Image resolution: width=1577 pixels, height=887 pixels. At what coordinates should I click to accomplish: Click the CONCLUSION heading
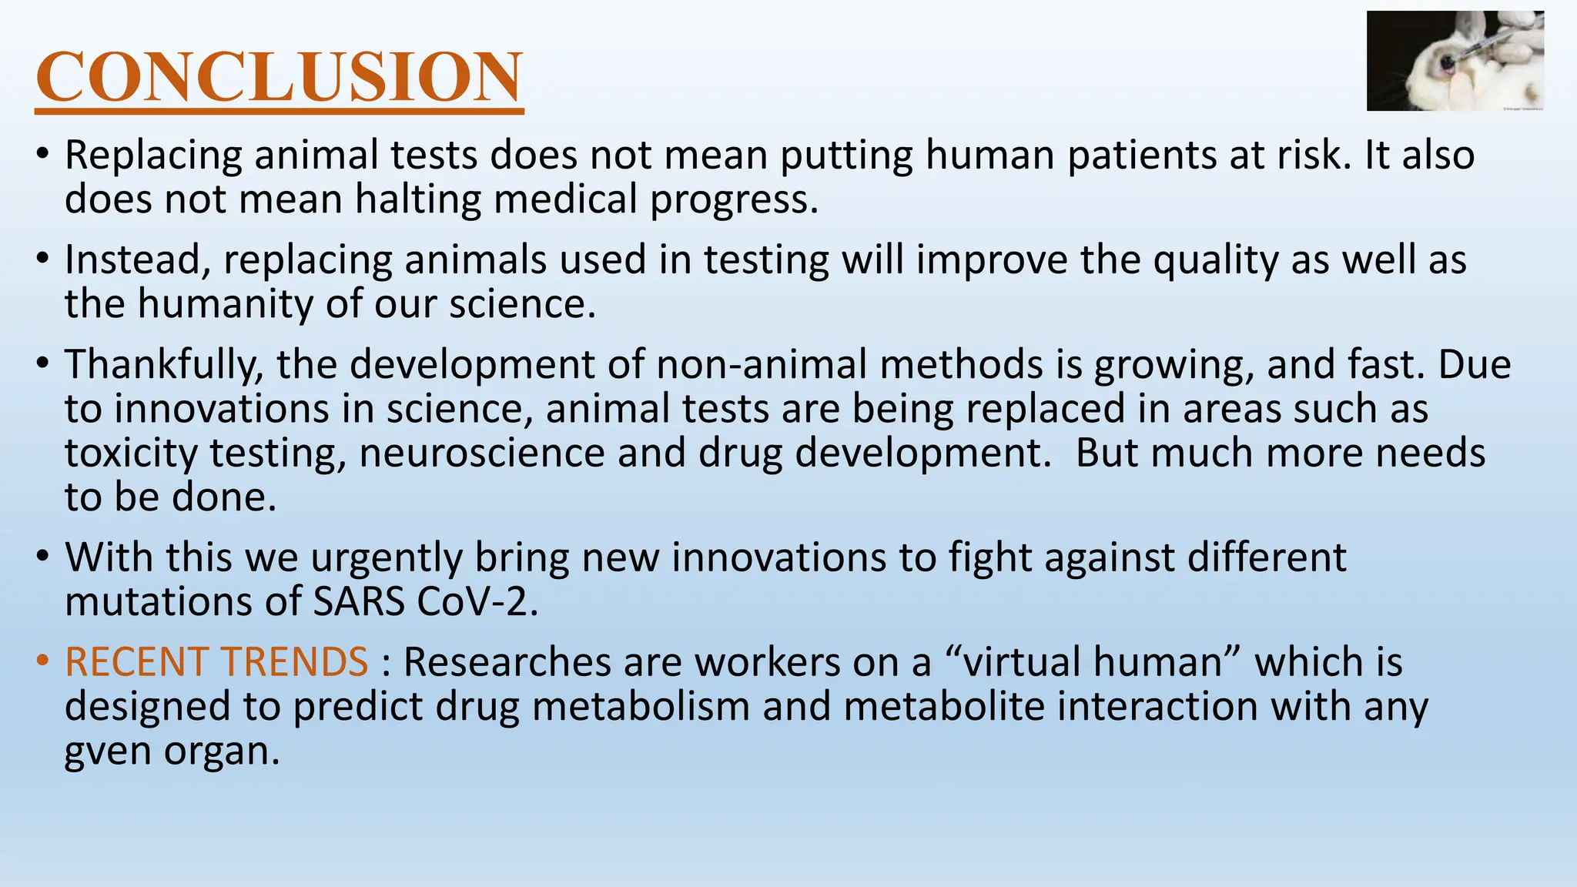coord(279,77)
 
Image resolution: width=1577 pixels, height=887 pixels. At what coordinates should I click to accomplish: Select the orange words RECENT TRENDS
coord(216,662)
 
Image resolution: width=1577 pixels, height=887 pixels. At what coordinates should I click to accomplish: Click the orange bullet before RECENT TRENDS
coord(43,662)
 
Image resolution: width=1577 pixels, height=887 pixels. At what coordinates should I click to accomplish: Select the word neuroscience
coord(481,453)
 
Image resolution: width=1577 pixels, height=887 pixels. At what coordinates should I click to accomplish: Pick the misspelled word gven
coord(107,751)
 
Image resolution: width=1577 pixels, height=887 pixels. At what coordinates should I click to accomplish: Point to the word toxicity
coord(130,453)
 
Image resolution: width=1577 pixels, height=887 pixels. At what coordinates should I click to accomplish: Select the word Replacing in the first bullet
coord(152,155)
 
